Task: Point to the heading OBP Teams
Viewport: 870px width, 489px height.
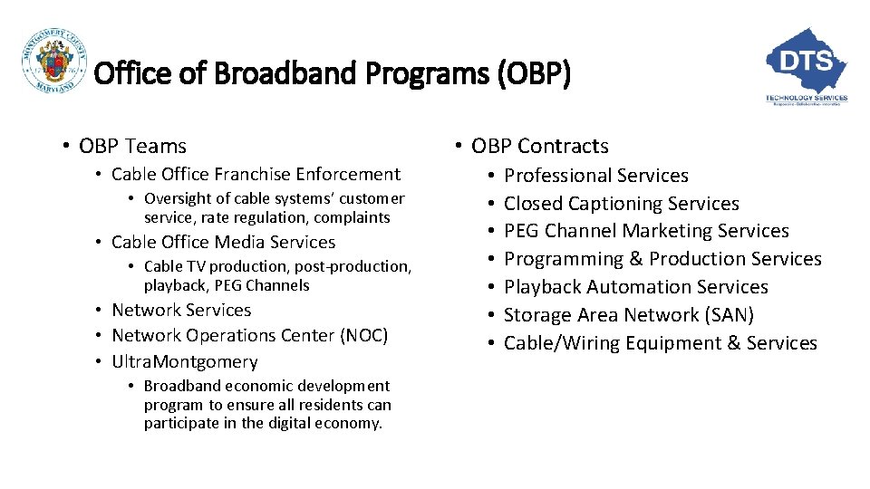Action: [x=132, y=146]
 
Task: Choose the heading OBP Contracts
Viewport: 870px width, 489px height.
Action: [x=539, y=146]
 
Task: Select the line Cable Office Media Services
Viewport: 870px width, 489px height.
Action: [x=223, y=242]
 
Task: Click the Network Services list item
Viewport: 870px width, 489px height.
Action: [x=181, y=310]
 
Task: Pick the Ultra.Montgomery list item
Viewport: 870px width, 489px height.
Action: [x=185, y=361]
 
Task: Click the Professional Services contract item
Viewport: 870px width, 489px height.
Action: [x=595, y=176]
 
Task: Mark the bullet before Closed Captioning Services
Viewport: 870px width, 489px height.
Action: [x=488, y=204]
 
